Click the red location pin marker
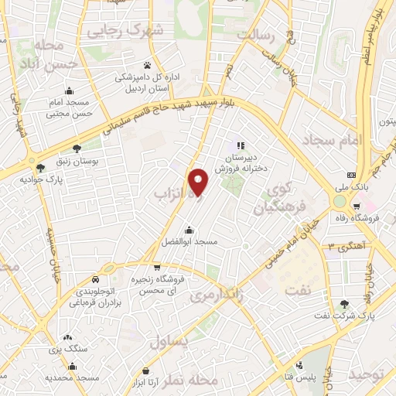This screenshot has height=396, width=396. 200,181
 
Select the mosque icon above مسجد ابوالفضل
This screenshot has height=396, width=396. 189,230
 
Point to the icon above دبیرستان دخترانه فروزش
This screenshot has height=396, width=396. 240,145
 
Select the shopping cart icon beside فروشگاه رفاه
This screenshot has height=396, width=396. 356,207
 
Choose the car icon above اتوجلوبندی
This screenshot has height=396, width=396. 94,279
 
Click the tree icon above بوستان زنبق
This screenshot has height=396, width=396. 75,148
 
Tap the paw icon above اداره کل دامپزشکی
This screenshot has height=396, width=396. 147,64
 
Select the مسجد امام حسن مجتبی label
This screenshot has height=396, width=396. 69,108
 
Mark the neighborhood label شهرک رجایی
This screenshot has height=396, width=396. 127,31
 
